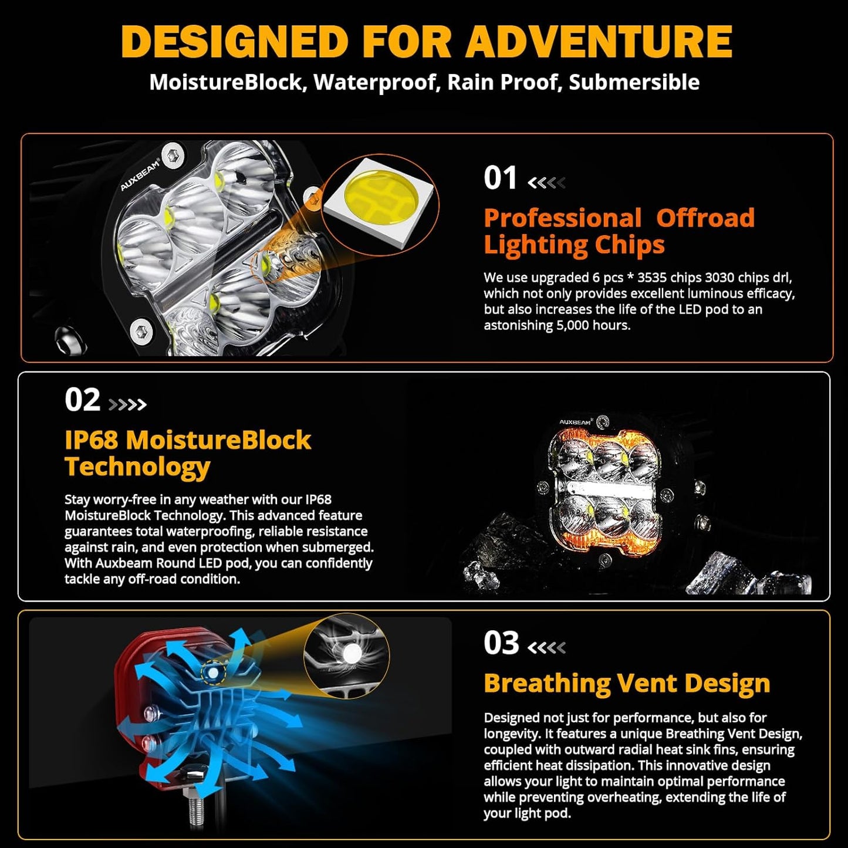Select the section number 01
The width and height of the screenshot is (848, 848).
point(500,178)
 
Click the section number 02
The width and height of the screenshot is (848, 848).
point(82,400)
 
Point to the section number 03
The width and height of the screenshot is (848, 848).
point(501,643)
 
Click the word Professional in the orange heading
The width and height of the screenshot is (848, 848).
point(562,218)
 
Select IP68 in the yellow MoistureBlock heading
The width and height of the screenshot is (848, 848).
point(92,440)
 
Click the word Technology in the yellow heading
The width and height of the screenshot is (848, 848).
point(137,467)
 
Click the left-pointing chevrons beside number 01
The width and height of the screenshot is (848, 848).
point(546,183)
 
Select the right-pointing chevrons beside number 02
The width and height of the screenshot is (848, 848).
point(127,404)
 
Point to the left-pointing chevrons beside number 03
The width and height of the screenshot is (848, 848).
point(546,647)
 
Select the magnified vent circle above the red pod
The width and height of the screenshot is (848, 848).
point(346,656)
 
